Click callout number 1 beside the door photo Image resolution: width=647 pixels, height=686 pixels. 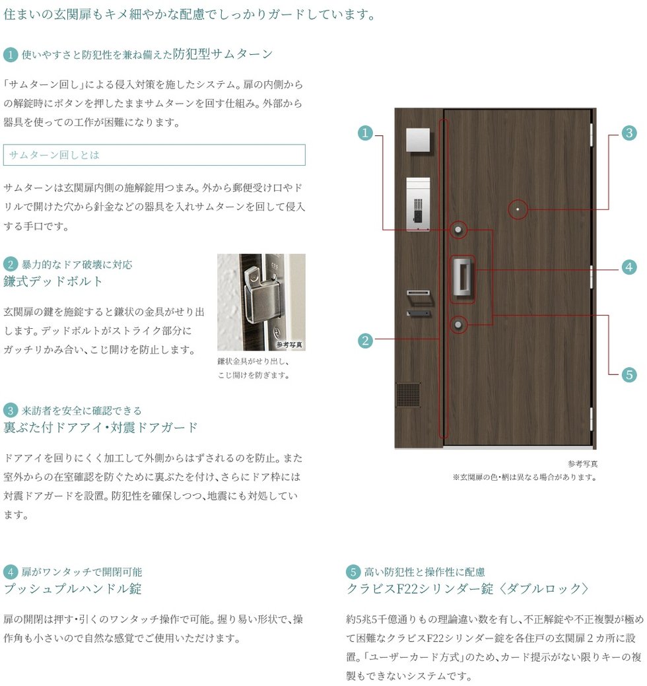(x=365, y=133)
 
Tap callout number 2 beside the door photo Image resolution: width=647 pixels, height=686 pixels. (x=365, y=341)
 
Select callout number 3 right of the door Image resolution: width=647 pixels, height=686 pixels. (x=629, y=133)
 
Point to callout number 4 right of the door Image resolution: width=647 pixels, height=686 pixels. (x=629, y=267)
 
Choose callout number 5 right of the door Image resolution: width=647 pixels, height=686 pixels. (x=629, y=374)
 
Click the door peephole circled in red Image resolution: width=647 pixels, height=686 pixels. (x=518, y=209)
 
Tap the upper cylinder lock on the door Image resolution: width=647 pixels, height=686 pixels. (x=458, y=230)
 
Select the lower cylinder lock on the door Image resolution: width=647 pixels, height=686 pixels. (x=458, y=325)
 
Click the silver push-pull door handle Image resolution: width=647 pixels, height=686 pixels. (x=462, y=279)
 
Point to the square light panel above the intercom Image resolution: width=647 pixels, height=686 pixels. (x=418, y=140)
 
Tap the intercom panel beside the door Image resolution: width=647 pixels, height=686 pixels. (x=418, y=204)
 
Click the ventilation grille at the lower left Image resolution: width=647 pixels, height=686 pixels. (x=408, y=395)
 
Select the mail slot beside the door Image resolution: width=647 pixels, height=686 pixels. (x=419, y=292)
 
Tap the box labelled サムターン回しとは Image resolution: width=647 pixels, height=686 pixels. (x=154, y=155)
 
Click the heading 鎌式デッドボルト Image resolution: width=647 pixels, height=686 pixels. (x=53, y=281)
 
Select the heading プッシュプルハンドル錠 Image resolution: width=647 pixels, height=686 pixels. (x=73, y=588)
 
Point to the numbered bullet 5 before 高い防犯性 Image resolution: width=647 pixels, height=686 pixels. (x=353, y=572)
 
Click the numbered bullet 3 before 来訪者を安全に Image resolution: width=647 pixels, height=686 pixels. (x=11, y=411)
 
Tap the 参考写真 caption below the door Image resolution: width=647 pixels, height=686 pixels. (x=583, y=463)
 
